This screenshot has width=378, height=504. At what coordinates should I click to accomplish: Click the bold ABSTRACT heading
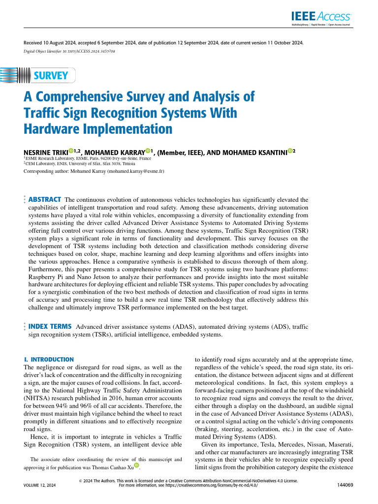tap(45, 199)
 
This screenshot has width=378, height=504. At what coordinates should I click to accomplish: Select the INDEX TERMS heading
tap(51, 326)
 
